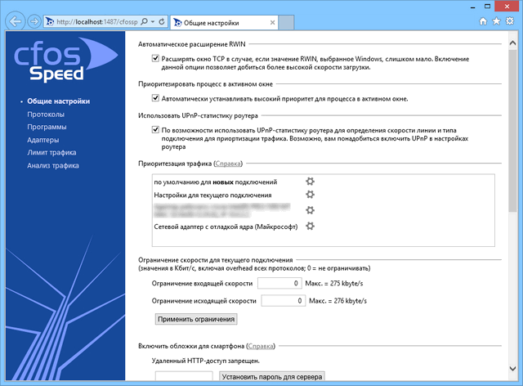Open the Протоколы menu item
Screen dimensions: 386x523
(x=45, y=114)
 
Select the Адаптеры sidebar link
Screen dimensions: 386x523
(x=42, y=140)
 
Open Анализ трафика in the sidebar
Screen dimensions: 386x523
(x=53, y=165)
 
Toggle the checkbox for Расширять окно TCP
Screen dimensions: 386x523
(x=155, y=59)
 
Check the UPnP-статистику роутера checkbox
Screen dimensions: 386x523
(x=155, y=130)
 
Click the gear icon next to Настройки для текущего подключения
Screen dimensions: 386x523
(x=310, y=195)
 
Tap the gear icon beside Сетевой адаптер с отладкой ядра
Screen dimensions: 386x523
(x=310, y=225)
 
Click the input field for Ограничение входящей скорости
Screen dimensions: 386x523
(x=280, y=284)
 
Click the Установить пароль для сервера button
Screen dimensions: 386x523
(x=272, y=377)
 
